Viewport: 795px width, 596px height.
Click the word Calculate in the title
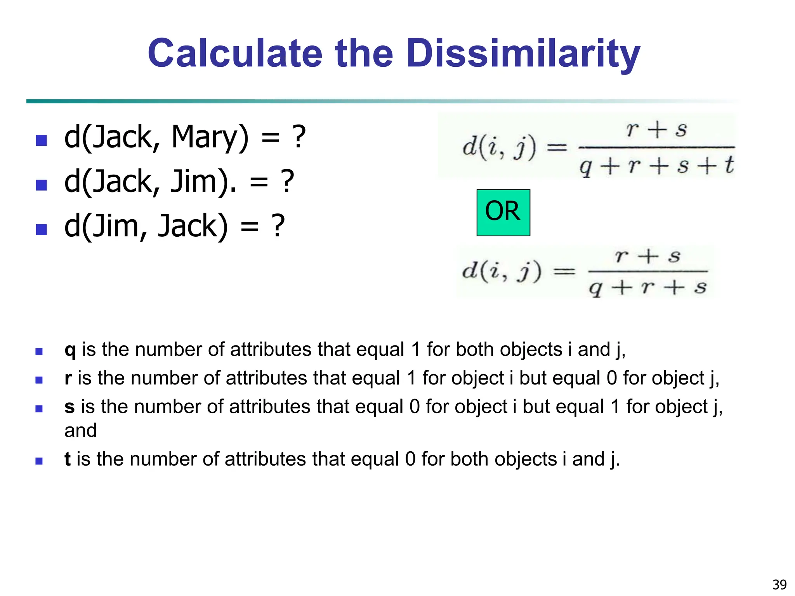pos(235,54)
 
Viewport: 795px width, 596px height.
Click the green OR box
pos(503,212)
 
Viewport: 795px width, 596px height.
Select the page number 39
pos(779,584)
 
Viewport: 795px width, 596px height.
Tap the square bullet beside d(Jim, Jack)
pos(41,229)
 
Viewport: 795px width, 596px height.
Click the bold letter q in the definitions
pos(70,350)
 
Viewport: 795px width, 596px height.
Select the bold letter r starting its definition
pos(68,378)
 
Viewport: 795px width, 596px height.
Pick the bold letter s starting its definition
pos(69,407)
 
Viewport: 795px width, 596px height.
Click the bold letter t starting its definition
pos(68,459)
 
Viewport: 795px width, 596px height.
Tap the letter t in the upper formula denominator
pos(729,165)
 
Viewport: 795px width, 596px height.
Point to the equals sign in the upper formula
pos(557,147)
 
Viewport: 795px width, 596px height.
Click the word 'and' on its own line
pos(80,430)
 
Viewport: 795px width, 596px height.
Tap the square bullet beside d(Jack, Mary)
pos(41,140)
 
